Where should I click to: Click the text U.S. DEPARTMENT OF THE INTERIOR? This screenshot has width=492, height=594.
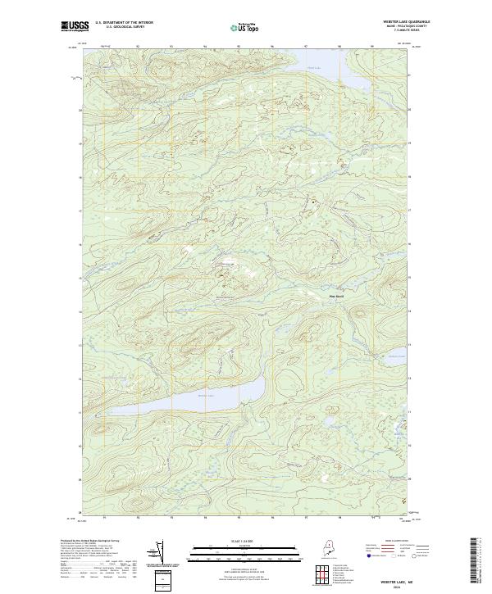(x=124, y=22)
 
